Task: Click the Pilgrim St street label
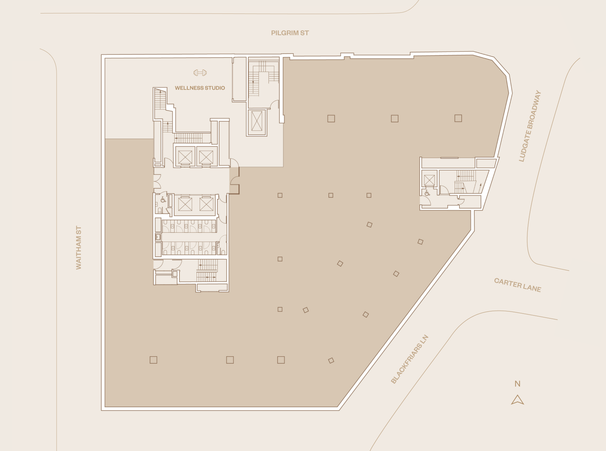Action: coord(290,33)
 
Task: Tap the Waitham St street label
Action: coord(79,247)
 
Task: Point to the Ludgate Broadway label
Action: coord(530,126)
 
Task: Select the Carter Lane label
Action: coord(518,285)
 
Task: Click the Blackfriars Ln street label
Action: coord(409,359)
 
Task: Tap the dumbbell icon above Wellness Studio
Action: coord(200,73)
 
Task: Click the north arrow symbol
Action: coord(518,400)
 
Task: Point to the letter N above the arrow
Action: coord(517,384)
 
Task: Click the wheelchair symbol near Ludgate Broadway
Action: coord(427,194)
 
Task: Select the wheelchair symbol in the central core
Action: coord(163,200)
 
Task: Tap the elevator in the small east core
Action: coord(429,180)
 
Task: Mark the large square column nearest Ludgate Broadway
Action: coord(458,118)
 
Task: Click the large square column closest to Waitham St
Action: coord(153,360)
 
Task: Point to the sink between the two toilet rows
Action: coord(158,237)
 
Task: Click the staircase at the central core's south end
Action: coord(207,270)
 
